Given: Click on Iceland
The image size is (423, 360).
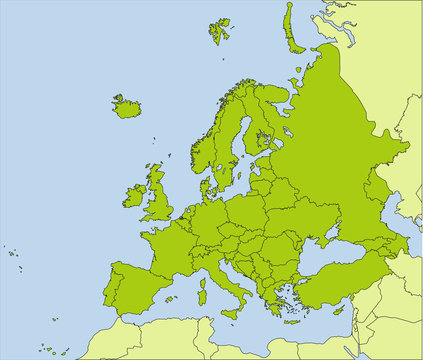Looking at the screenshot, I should [x=127, y=106].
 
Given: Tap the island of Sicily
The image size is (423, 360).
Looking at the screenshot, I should [x=231, y=313].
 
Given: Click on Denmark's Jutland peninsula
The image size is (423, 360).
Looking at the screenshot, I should [x=207, y=185].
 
